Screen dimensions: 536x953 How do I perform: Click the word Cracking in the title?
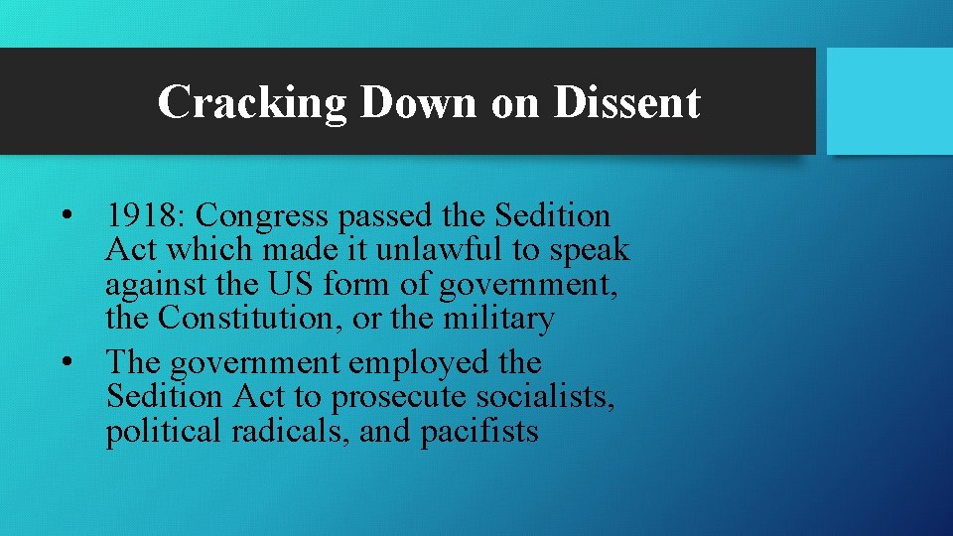tap(252, 102)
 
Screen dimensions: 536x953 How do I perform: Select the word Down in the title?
tap(418, 102)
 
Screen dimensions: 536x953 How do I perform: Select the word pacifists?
tap(479, 431)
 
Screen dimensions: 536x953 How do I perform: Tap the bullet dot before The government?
tap(65, 363)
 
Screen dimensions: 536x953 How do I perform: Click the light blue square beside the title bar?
tap(889, 101)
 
